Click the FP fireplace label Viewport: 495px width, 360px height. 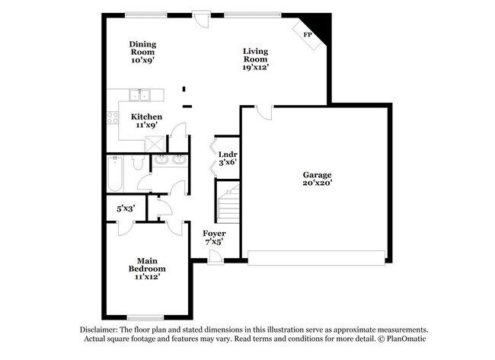click(308, 35)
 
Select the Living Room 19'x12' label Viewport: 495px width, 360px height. click(255, 59)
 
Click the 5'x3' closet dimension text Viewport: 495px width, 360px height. click(126, 207)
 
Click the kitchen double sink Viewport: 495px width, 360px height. click(139, 95)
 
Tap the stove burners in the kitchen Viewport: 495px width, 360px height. click(113, 118)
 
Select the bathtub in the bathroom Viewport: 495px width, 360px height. click(114, 174)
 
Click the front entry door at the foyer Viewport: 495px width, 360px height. click(216, 258)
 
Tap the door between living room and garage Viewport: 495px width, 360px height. click(262, 113)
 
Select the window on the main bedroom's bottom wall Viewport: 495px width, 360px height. click(141, 317)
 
